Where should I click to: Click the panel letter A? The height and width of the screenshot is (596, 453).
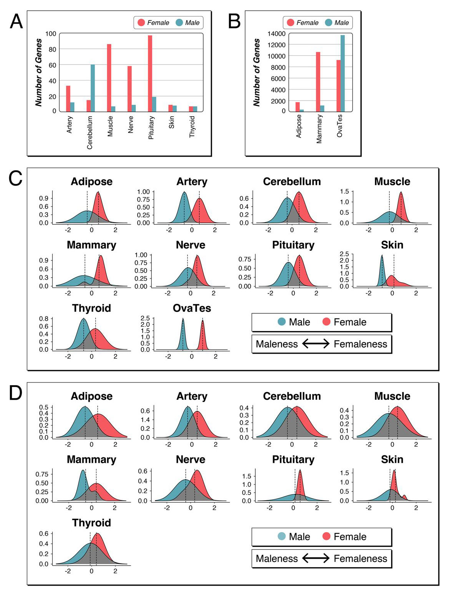click(x=16, y=21)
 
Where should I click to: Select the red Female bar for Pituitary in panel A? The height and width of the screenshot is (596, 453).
click(x=150, y=73)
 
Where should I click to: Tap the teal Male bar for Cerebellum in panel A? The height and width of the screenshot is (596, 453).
click(x=93, y=88)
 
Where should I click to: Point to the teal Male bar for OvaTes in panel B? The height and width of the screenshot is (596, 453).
click(x=342, y=73)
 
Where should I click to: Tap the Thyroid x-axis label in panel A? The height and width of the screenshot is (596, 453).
click(x=192, y=127)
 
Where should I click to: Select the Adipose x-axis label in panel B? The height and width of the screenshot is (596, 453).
click(x=299, y=126)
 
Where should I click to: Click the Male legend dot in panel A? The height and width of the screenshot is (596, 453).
click(x=179, y=23)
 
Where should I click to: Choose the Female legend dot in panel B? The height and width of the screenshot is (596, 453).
click(x=291, y=23)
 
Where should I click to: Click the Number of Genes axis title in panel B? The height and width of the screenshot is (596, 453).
click(x=256, y=72)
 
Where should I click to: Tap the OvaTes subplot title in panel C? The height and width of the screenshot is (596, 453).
click(x=192, y=308)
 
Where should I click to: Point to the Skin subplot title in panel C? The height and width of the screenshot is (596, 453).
click(x=392, y=245)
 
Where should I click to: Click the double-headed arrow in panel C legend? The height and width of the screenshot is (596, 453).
click(x=316, y=344)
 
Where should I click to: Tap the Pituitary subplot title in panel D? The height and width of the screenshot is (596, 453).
click(x=293, y=460)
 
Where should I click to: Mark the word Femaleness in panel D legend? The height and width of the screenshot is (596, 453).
click(x=360, y=558)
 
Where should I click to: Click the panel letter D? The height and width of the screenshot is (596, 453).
click(x=15, y=393)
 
